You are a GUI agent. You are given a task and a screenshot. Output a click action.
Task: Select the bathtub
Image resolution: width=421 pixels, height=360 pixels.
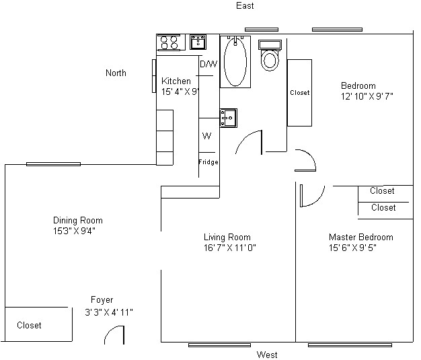pos(235,61)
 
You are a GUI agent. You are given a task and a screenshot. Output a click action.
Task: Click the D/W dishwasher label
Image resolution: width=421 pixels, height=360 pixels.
pos(209,65)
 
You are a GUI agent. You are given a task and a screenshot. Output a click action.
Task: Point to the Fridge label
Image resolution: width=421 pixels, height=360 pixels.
pos(208,162)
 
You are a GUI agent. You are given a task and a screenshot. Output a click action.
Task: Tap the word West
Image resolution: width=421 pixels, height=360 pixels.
pos(266,355)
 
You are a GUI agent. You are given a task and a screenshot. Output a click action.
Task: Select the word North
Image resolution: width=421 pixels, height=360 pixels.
pos(116,73)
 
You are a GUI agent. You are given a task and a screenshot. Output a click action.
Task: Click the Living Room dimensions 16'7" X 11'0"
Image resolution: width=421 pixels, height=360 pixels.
pos(230,248)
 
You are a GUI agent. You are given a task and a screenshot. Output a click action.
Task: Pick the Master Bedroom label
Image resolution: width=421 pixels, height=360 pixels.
pos(360,237)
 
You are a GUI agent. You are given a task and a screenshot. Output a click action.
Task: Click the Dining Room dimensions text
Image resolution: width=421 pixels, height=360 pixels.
pos(78,231)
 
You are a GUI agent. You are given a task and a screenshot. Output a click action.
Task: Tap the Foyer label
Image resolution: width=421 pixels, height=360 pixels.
pos(102,300)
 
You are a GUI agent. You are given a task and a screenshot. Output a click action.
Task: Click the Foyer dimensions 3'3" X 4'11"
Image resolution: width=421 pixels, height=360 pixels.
pos(109,312)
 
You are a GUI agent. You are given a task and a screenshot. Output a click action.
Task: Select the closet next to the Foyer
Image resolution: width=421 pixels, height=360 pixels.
pos(37,325)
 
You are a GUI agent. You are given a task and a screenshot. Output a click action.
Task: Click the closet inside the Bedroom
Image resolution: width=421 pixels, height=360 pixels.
pos(299,93)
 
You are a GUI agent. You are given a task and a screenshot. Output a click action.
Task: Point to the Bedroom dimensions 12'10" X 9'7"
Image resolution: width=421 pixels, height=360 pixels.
pos(367,96)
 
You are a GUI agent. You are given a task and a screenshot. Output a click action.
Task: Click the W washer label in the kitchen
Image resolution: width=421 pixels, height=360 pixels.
pos(207,136)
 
